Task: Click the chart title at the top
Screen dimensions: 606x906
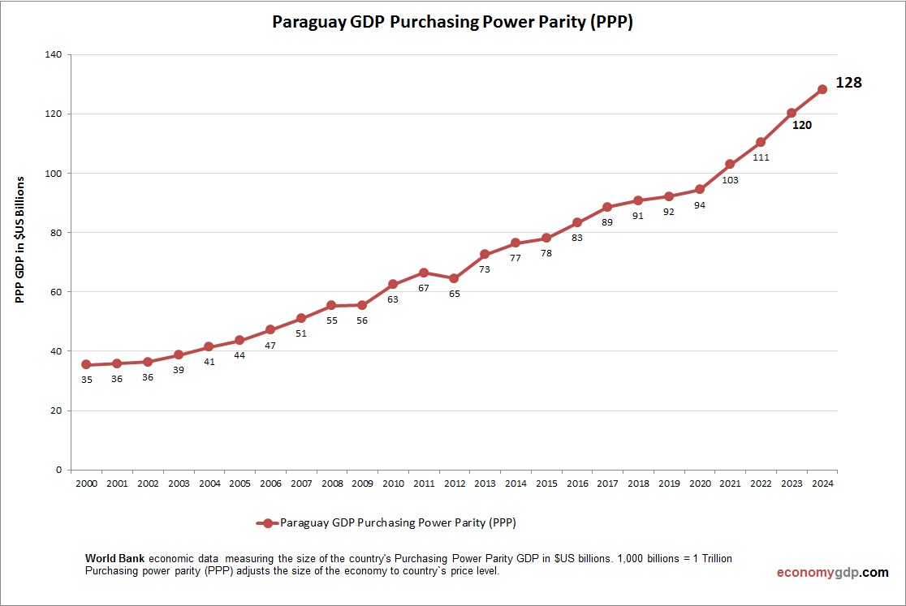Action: coord(452,23)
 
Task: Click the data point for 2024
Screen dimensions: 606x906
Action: coord(822,89)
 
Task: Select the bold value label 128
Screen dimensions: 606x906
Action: coord(848,82)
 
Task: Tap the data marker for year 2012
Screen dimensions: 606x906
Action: coord(454,278)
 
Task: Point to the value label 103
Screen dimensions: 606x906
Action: coord(730,180)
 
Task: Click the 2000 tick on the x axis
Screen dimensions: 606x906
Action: coord(86,484)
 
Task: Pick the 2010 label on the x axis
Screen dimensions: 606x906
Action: coord(393,484)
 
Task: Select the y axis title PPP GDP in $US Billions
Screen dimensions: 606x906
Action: coord(21,239)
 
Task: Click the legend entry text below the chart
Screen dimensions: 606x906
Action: coord(398,523)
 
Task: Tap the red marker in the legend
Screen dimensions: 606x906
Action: coord(268,523)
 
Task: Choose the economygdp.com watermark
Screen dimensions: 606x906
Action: coord(832,573)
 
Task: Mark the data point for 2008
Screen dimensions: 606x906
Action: coord(331,305)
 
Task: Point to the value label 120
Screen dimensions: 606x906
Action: coord(801,125)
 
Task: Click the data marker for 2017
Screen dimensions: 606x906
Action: coord(607,207)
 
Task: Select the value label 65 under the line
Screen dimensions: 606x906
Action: coord(454,294)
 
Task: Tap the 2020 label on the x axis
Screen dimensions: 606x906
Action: coord(699,484)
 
